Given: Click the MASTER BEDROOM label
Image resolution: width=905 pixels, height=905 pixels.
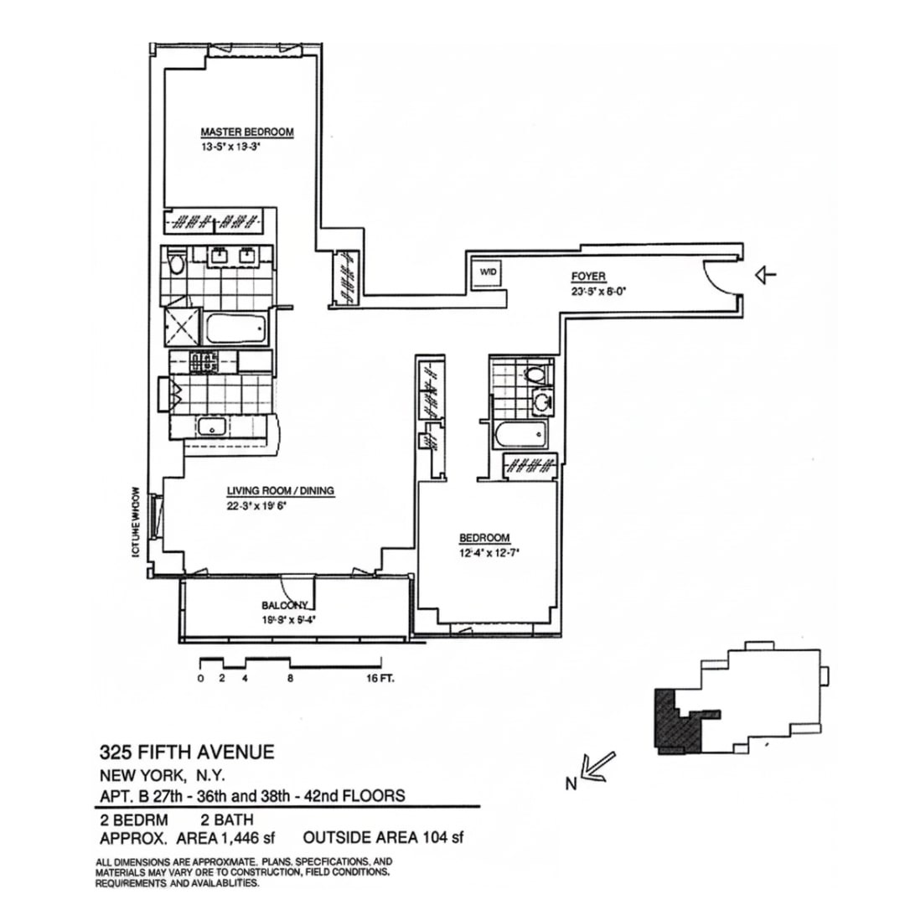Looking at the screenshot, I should [246, 132].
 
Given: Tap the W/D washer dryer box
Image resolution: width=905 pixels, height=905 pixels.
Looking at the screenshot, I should [488, 271].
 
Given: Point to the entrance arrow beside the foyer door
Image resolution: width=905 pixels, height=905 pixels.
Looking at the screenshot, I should [766, 274].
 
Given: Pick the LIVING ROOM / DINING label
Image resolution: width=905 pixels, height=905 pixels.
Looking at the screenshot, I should [281, 492].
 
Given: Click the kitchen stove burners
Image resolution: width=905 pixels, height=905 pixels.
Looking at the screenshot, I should [204, 362].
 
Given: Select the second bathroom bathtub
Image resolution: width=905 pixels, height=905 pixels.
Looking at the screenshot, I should [520, 435].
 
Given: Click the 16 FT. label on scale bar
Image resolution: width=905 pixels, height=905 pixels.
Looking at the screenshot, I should [380, 680].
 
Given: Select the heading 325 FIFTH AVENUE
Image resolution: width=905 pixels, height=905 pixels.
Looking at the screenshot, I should [187, 752].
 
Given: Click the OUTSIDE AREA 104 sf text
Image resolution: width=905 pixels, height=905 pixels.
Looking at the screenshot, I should [383, 837].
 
